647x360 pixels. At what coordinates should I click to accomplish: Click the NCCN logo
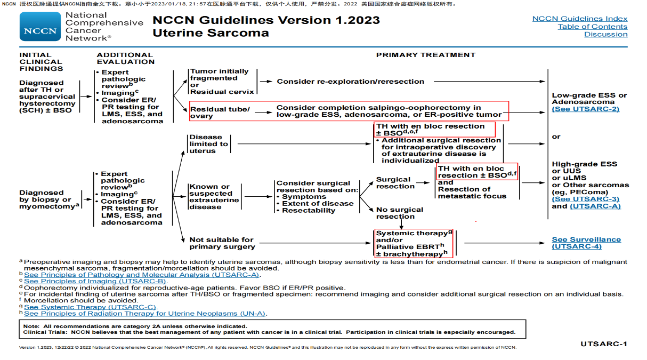41,27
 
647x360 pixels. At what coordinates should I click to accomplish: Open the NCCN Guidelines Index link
580,19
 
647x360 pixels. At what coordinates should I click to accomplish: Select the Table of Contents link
593,27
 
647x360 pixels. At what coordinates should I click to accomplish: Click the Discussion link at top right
605,35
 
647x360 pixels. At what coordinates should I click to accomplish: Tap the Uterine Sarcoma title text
211,33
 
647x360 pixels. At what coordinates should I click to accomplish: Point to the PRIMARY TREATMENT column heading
425,55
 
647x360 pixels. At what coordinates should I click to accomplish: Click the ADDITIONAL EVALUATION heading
125,58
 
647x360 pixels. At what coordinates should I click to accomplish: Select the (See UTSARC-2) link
585,109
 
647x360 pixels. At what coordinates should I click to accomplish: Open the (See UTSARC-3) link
585,199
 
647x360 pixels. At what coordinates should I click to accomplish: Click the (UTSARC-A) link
595,206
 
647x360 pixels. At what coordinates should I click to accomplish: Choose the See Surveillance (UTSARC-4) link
586,243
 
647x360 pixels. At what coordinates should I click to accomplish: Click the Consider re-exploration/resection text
350,82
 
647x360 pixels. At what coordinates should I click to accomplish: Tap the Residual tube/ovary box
220,113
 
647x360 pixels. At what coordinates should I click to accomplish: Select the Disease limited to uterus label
208,144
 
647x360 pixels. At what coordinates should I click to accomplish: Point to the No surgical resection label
399,213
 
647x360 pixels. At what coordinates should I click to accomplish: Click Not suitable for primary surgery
222,243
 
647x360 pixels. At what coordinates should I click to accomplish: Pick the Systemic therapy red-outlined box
414,243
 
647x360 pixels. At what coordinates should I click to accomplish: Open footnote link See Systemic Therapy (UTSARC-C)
90,307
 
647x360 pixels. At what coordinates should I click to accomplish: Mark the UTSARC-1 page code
603,344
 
